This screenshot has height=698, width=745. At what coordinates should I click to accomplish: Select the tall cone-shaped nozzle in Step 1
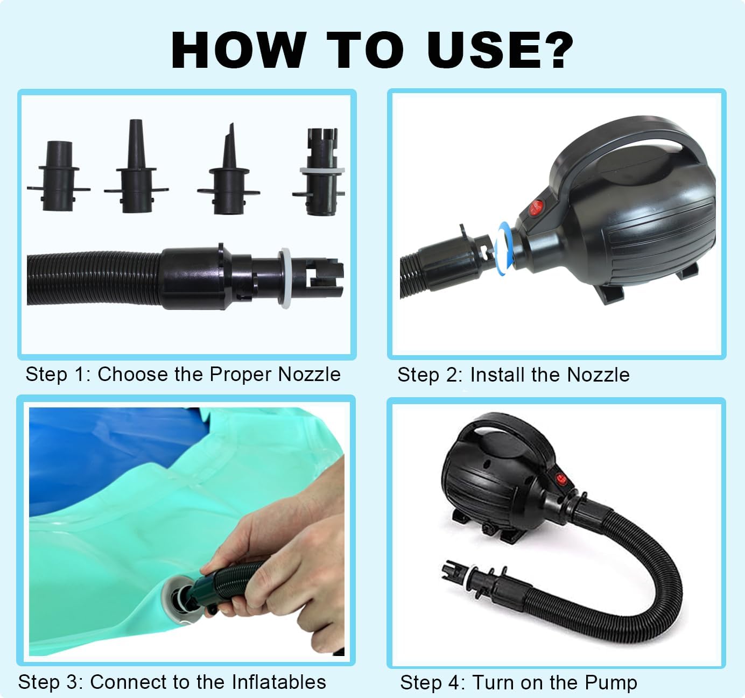136,166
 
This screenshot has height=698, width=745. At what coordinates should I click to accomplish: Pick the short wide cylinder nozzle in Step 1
59,176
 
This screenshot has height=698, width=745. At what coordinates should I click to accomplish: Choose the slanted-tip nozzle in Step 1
229,169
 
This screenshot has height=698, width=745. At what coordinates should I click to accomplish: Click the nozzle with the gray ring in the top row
321,172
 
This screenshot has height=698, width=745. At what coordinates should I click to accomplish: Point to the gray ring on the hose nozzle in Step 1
285,278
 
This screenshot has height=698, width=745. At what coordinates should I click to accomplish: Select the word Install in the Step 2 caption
497,375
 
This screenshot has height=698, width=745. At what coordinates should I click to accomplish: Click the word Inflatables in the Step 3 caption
279,681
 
